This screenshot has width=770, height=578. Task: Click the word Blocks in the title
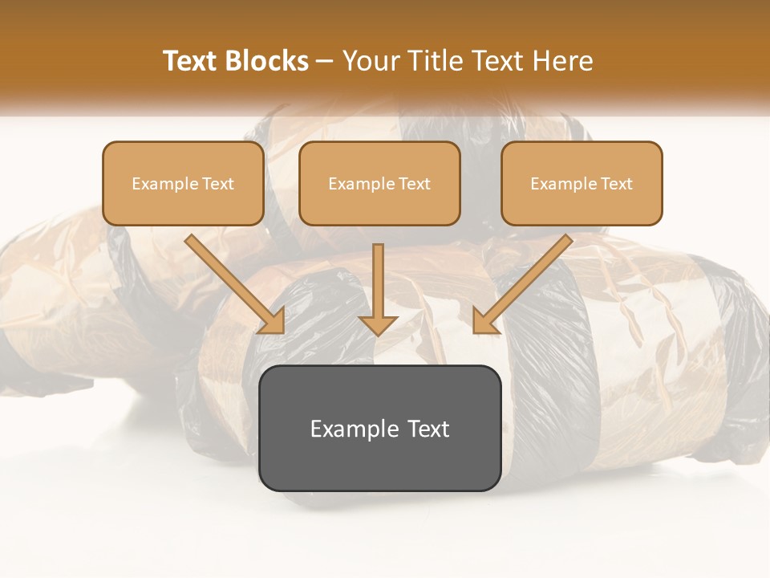(267, 61)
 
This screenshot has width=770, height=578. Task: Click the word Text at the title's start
(192, 61)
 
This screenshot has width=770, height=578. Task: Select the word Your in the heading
(371, 61)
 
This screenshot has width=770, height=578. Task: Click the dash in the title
(325, 62)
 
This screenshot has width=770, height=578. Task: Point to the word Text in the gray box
(428, 429)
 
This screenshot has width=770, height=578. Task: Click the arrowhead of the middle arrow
(378, 324)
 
